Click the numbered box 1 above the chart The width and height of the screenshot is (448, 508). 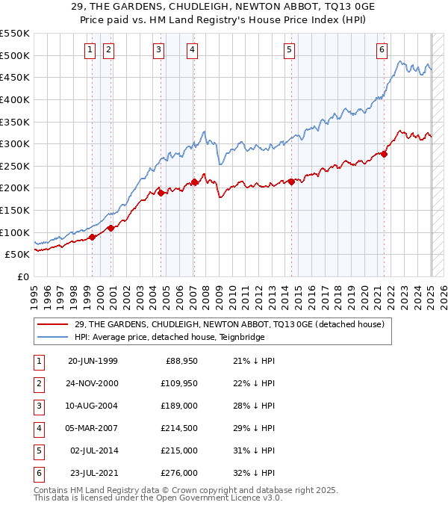point(90,50)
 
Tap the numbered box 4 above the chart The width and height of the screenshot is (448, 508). point(192,50)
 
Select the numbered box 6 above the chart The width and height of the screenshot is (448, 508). point(382,50)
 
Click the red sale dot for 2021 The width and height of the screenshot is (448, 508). point(385,154)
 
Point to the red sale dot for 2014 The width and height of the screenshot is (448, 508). point(291,181)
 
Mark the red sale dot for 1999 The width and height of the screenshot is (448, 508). point(93,237)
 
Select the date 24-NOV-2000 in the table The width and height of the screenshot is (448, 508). point(93,383)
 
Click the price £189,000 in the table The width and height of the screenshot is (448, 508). point(180,406)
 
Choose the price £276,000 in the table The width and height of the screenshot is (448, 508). point(180,473)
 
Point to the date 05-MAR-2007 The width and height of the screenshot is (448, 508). point(93,428)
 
